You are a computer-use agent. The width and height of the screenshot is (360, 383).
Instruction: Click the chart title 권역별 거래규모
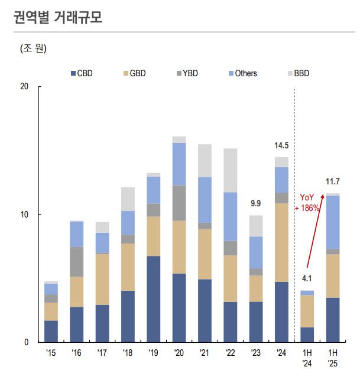click(57, 17)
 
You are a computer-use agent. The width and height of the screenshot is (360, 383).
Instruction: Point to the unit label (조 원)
click(33, 48)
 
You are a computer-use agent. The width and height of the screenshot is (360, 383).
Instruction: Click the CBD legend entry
click(82, 73)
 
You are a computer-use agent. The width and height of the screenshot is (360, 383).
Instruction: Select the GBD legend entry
click(134, 73)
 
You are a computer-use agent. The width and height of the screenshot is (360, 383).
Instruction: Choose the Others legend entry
click(242, 73)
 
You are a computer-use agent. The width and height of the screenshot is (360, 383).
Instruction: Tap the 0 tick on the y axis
click(26, 342)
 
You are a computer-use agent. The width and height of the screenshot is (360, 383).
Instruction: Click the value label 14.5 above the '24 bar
click(281, 145)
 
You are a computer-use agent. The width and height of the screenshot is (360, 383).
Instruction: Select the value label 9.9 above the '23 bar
click(256, 204)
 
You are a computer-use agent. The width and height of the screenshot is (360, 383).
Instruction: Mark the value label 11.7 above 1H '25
click(333, 181)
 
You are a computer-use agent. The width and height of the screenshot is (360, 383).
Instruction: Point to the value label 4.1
click(307, 278)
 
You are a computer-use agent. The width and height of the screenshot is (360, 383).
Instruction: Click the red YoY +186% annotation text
click(309, 203)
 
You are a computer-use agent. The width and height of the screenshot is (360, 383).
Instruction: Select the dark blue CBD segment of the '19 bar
click(154, 298)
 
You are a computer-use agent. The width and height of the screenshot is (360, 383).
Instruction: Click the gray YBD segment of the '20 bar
click(179, 203)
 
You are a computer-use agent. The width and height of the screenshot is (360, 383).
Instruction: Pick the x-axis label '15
click(51, 353)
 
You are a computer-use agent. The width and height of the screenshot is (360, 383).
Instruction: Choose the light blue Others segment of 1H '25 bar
click(333, 222)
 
